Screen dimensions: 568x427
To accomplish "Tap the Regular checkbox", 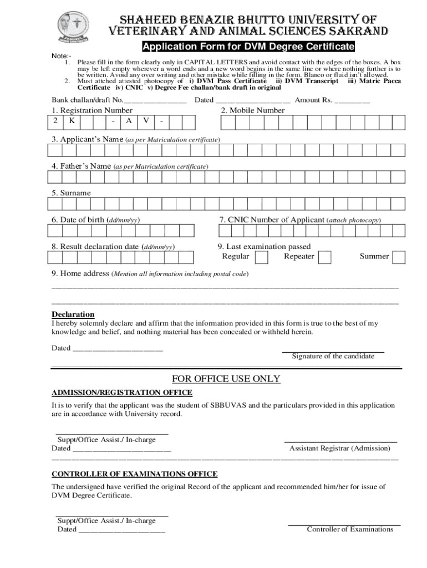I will pos(261,257).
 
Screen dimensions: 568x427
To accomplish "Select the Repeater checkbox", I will pos(324,257).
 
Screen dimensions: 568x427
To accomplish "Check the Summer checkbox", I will pos(399,257).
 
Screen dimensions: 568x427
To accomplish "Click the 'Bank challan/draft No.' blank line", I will pos(155,101).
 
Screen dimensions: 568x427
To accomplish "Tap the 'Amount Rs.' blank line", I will pos(352,101).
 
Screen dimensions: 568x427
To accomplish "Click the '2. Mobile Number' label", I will pos(252,110).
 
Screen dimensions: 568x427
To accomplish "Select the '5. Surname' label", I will pos(71,193).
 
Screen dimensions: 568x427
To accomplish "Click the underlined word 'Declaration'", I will pos(73,315).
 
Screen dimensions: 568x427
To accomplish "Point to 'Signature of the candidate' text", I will pos(333,356).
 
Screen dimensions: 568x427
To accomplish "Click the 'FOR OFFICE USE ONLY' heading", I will pos(226,379).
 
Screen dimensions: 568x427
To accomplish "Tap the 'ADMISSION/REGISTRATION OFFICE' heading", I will pos(122,393).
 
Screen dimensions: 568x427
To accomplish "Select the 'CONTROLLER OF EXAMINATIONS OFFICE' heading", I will pos(134,474).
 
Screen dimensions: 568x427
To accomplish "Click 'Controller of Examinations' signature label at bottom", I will pos(350,529).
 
